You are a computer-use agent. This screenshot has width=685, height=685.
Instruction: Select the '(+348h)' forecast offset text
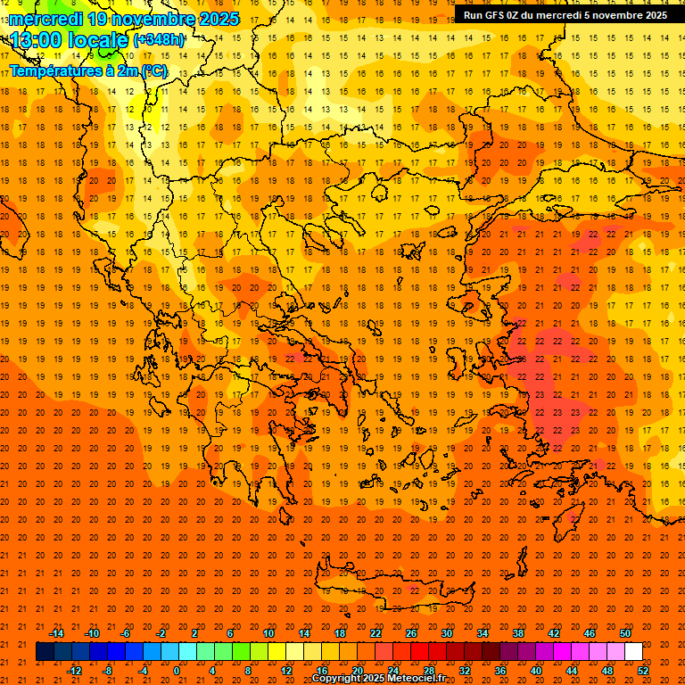(160, 40)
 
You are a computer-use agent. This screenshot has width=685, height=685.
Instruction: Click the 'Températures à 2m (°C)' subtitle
(87, 70)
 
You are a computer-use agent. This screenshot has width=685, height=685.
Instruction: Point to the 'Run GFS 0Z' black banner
(565, 15)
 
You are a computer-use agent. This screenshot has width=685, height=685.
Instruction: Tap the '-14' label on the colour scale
(56, 633)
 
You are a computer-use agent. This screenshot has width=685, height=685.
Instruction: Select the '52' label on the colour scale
(643, 670)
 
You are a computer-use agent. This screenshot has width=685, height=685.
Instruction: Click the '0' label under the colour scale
(177, 670)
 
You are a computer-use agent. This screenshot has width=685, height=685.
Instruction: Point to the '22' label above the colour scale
(376, 633)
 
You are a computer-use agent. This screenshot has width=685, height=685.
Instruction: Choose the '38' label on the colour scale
(518, 633)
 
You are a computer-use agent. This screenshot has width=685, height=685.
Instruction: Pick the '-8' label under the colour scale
(107, 670)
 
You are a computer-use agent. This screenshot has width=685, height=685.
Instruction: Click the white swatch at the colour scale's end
(633, 652)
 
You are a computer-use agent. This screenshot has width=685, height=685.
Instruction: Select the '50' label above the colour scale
(625, 633)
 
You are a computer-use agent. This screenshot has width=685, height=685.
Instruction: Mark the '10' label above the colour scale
(268, 633)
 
